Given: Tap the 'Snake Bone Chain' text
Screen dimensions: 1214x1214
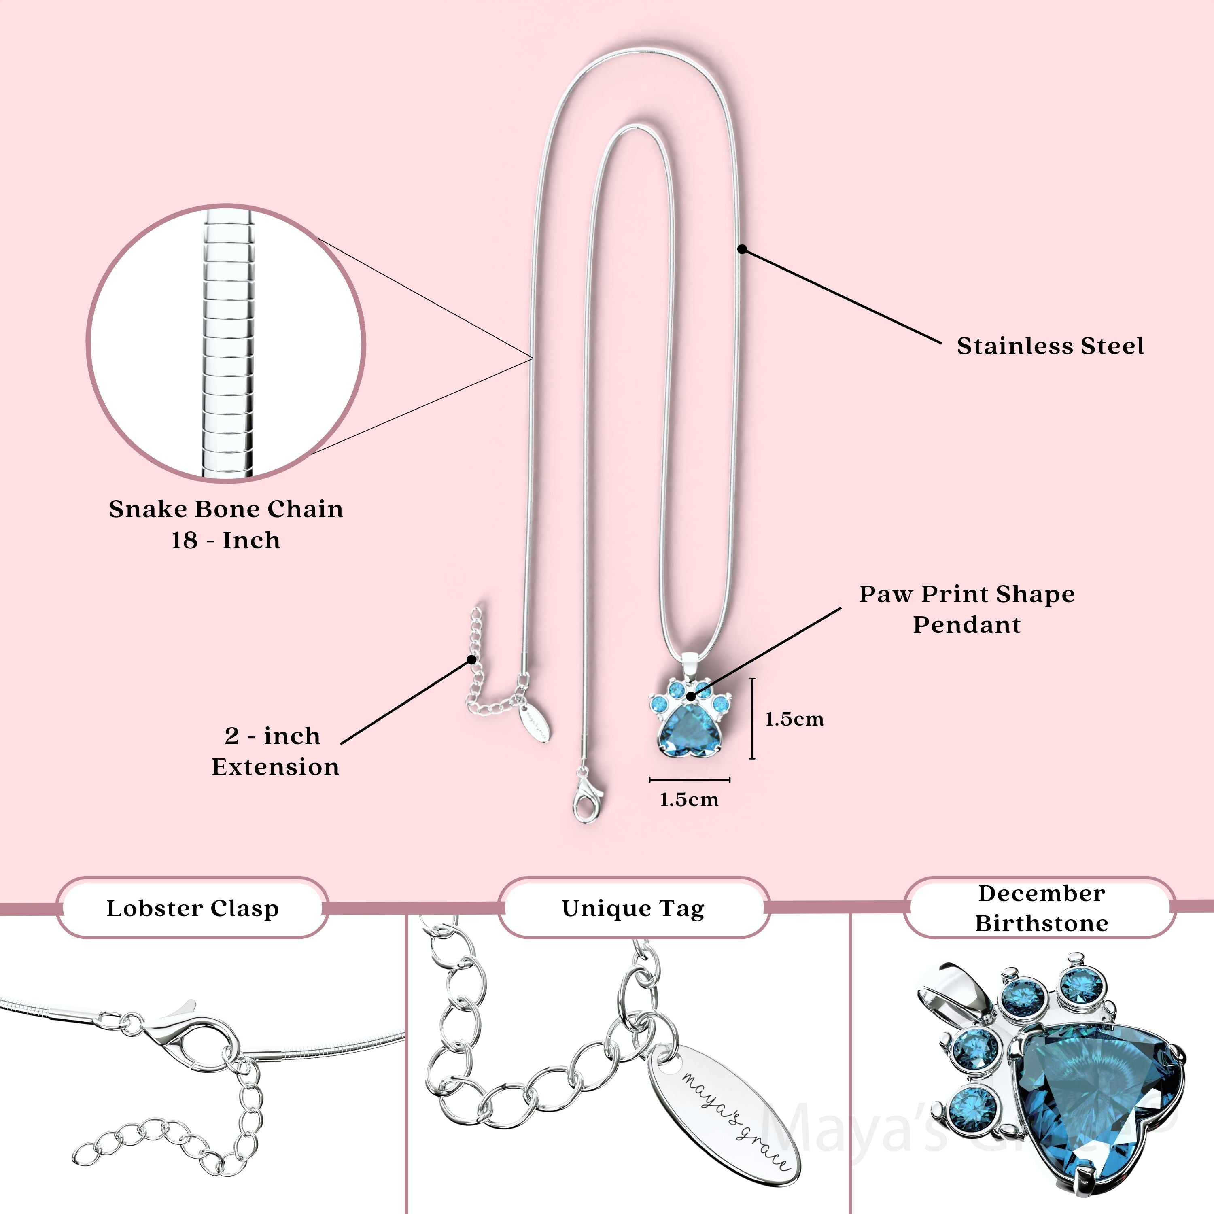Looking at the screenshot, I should pos(225,509).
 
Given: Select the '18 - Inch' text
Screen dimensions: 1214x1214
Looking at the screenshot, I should pos(225,540).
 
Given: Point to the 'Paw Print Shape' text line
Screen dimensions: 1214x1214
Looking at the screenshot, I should pos(966,594).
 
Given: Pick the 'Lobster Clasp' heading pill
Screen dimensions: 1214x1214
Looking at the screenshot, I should pos(192,908).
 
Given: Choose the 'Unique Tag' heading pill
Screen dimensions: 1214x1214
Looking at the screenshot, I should pos(633,908).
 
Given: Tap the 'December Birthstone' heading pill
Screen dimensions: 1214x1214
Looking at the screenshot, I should pos(1040,908).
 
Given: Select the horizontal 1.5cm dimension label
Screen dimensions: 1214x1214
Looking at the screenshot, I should pos(689,800).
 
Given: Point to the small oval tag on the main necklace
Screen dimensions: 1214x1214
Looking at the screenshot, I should pos(535,723).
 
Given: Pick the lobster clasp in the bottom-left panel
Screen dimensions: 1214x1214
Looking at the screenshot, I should pos(182,1037).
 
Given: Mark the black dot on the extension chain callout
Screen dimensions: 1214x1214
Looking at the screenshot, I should pos(471,659).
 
